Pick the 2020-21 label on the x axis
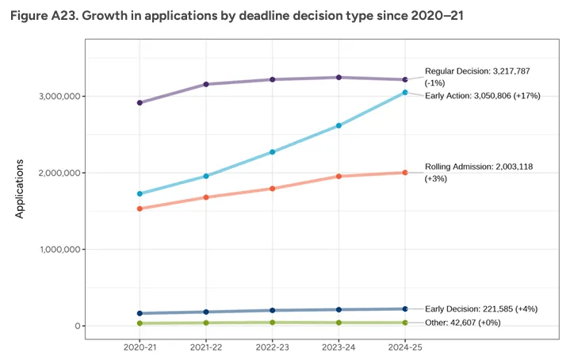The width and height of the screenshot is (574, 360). pos(140,347)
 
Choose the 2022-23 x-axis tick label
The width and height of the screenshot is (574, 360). pos(273,347)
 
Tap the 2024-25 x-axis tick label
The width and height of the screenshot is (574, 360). pos(405,347)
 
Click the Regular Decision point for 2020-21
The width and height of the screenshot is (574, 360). pos(140,102)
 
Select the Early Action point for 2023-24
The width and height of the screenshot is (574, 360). pos(339,125)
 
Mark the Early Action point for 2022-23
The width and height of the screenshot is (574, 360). pos(273,151)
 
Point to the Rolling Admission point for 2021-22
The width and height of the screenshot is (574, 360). pos(206,197)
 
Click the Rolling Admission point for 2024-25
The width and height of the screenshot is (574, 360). pos(405,172)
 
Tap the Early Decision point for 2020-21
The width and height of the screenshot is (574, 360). pos(140,313)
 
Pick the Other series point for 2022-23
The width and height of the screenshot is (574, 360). pos(273,322)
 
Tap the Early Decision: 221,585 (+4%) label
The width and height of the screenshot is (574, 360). pos(481,308)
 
